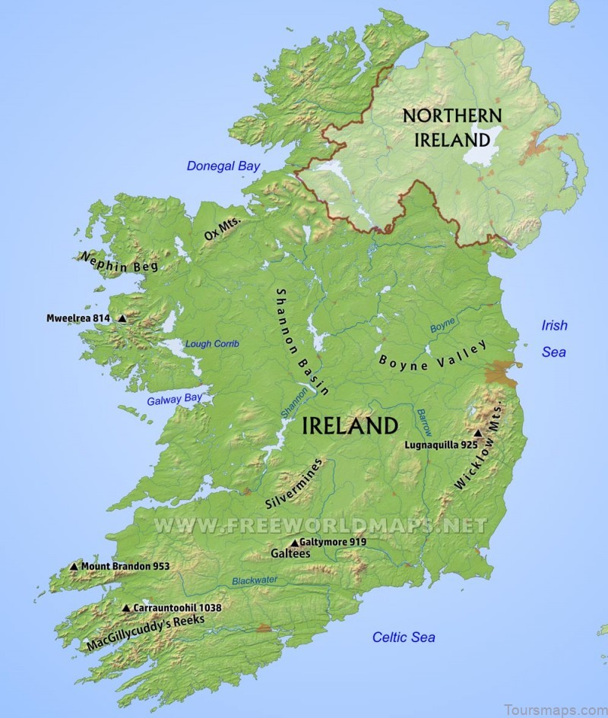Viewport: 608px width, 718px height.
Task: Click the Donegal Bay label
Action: [223, 166]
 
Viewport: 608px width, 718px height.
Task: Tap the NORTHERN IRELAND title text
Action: [451, 127]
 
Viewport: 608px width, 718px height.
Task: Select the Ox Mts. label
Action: [223, 229]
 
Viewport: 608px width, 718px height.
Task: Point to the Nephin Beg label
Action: [119, 261]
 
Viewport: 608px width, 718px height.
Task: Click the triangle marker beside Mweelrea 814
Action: [122, 319]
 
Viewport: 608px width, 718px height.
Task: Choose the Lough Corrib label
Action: [211, 344]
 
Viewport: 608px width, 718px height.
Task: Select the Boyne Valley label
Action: [433, 356]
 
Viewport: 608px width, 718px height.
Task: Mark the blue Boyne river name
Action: [442, 325]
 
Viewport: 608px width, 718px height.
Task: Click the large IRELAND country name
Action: [350, 425]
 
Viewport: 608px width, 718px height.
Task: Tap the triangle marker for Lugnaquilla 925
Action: [478, 432]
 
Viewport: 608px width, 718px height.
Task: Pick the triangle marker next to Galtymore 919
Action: [295, 542]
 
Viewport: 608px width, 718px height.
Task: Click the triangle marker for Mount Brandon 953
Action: [74, 566]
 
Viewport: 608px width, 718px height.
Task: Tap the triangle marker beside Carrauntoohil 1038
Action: [126, 608]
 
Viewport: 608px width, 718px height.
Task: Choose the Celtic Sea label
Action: [404, 637]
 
